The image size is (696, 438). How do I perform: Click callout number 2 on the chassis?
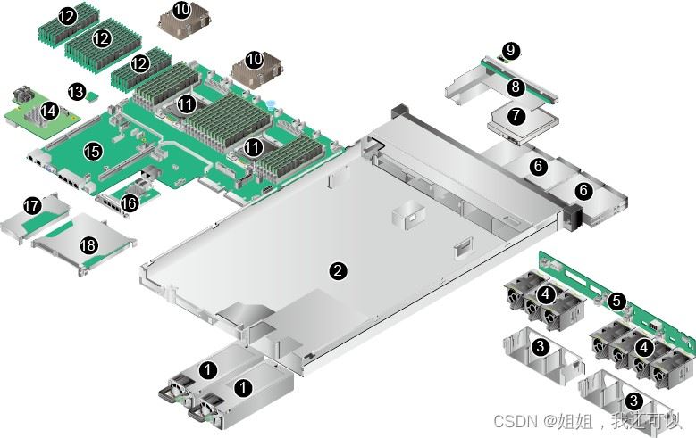click(338, 270)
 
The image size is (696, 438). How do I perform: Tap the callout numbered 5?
click(616, 302)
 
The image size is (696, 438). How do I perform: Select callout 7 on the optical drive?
click(516, 116)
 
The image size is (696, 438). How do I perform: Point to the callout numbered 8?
click(516, 86)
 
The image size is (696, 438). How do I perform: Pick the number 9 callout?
click(511, 50)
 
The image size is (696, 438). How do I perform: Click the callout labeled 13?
click(76, 92)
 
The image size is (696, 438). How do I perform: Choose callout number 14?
click(49, 111)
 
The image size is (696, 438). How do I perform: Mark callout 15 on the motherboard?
click(93, 152)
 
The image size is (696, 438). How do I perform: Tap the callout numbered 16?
click(130, 203)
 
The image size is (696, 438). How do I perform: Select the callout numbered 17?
click(32, 206)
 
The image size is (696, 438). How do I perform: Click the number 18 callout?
click(88, 244)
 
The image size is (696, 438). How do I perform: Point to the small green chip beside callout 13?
click(93, 96)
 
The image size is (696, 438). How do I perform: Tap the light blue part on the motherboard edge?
click(272, 104)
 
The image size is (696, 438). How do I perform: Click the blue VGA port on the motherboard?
click(50, 168)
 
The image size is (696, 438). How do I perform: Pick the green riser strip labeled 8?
click(519, 79)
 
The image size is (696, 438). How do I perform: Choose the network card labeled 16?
click(127, 198)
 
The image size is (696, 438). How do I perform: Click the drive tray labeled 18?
click(84, 244)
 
